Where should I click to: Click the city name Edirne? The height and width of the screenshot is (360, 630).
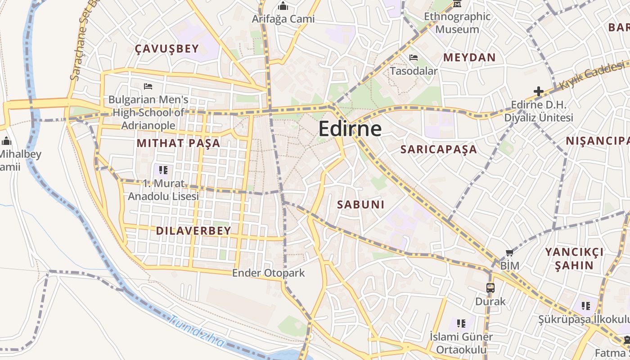coord(350,129)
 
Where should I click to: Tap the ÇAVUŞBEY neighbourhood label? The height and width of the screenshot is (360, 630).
coord(167,49)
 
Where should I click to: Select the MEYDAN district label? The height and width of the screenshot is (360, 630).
coord(469,58)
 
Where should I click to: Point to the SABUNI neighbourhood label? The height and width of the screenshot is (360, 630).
coord(361,205)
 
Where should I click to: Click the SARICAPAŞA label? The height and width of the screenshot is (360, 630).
coord(438,149)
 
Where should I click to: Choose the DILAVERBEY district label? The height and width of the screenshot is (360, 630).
coord(193,231)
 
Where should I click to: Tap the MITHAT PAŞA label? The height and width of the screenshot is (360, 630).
coord(178,144)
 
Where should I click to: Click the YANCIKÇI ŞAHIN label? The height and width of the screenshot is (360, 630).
coord(574,258)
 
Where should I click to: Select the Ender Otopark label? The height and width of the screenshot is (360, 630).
coord(268,273)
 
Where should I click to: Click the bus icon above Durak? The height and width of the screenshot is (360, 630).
coord(490,288)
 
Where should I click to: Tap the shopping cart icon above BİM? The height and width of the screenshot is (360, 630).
coord(509,253)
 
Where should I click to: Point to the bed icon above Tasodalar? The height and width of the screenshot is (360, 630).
coord(413,58)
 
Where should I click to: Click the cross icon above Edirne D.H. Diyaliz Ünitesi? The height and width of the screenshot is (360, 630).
coord(538,91)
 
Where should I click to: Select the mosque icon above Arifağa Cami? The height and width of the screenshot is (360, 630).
coord(283,6)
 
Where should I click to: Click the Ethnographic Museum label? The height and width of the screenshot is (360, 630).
coord(458,23)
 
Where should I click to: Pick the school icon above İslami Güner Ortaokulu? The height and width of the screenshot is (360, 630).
coord(461,323)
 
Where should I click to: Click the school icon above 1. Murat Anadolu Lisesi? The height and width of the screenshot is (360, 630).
coord(163,170)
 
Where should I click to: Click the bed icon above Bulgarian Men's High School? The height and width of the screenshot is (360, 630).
coord(148,86)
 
